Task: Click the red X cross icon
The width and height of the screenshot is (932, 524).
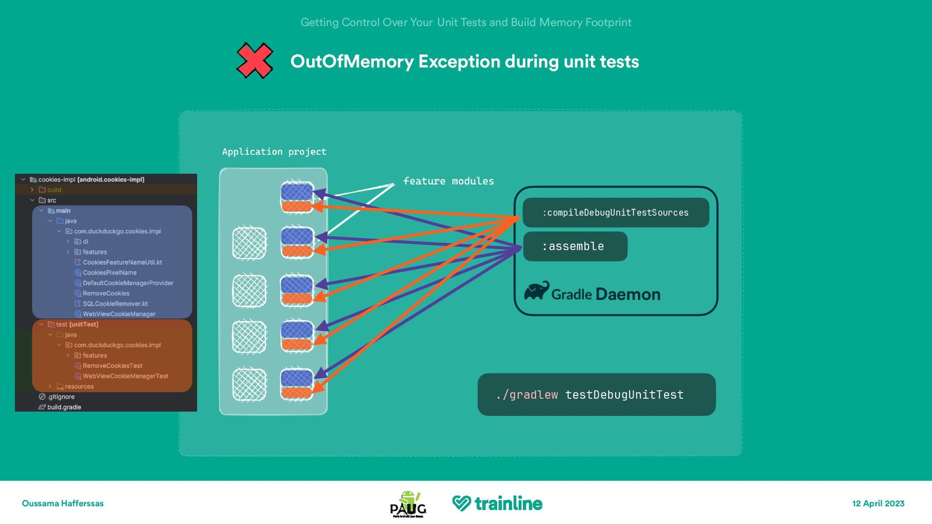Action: click(254, 61)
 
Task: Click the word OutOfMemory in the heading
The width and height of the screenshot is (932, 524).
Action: click(351, 62)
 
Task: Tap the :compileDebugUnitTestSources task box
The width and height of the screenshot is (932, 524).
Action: click(616, 213)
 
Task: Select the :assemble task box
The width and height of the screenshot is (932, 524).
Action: click(575, 246)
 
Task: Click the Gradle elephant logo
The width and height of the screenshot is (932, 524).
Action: click(536, 291)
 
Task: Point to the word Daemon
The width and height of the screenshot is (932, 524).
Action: click(628, 295)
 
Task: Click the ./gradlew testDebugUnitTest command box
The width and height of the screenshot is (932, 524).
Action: click(596, 394)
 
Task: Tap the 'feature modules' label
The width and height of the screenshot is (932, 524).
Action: click(448, 181)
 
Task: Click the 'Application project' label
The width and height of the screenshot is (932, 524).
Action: click(274, 152)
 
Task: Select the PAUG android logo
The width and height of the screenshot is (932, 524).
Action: click(408, 504)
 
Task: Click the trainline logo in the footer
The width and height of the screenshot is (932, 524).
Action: click(497, 504)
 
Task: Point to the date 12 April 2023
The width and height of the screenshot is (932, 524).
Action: click(878, 504)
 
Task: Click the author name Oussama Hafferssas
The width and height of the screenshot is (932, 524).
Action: click(63, 504)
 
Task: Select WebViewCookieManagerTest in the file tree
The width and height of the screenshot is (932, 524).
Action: click(125, 376)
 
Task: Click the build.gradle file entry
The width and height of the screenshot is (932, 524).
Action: click(64, 407)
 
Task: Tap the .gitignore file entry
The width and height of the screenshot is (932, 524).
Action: click(61, 397)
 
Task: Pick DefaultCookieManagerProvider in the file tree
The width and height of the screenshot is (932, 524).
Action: click(128, 283)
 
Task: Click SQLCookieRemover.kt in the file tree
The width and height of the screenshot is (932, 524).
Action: click(115, 304)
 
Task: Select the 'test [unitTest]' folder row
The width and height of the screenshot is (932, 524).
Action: click(77, 324)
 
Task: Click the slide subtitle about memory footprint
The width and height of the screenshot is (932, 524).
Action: click(466, 22)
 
